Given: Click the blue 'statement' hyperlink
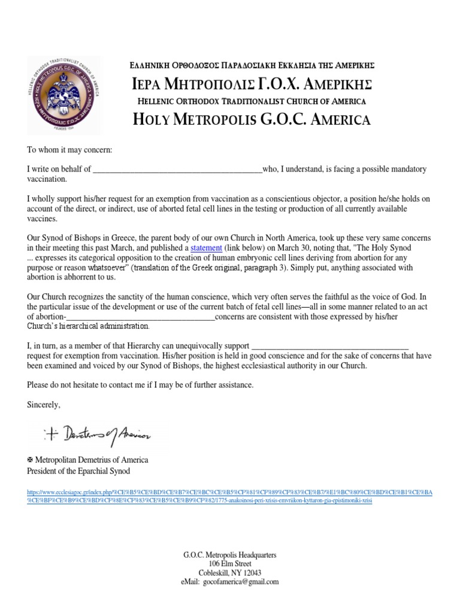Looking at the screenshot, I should (207, 248).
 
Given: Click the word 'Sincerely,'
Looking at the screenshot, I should (44, 405).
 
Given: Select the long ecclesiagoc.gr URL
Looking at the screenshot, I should (230, 496).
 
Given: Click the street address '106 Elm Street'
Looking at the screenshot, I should (230, 564).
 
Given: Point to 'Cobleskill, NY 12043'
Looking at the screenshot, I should (230, 573).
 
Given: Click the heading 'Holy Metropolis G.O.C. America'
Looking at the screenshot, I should (252, 119).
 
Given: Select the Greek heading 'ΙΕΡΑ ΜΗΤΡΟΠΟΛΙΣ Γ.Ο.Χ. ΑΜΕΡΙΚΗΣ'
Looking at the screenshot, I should (252, 83).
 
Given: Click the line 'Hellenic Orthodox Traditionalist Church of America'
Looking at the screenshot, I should (252, 101).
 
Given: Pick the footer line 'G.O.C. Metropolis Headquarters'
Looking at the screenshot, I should (230, 555).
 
